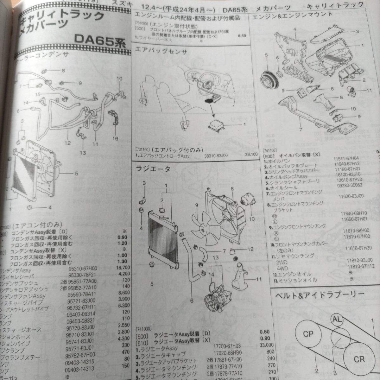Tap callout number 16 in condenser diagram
[x=115, y=139]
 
